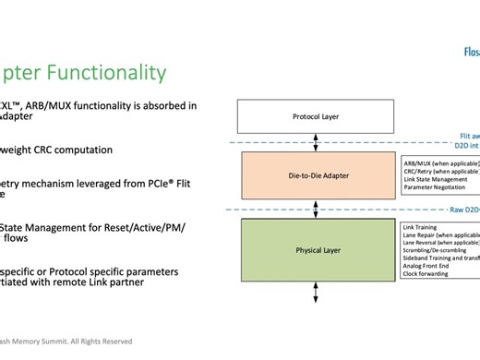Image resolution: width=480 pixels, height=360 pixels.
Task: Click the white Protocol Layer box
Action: click(x=317, y=117)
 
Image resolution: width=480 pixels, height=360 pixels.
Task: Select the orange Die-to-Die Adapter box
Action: click(x=317, y=175)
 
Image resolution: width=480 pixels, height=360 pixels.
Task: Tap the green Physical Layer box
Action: click(x=317, y=250)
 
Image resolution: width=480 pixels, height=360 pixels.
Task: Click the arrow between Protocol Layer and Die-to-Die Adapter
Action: click(x=317, y=142)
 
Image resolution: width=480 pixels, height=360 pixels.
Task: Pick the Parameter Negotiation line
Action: click(x=438, y=187)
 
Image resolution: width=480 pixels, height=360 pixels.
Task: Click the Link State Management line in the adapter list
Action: click(x=440, y=179)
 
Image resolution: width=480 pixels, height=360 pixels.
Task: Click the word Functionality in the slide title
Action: click(x=104, y=73)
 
